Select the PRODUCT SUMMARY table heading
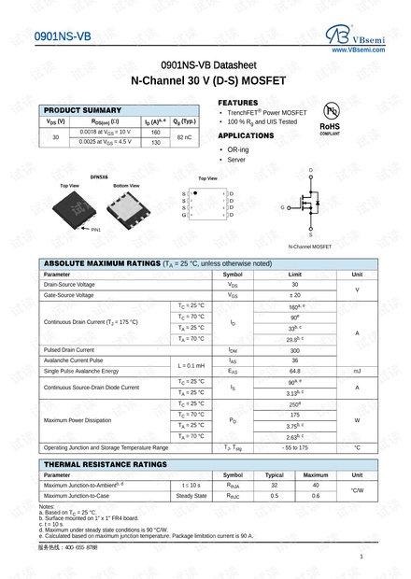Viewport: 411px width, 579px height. click(82, 110)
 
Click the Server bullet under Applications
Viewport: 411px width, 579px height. click(235, 160)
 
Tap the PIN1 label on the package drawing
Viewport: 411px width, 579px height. click(96, 229)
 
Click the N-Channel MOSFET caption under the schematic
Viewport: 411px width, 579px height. click(310, 247)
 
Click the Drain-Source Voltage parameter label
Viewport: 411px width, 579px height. click(69, 284)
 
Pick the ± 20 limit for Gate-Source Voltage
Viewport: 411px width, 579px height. click(295, 295)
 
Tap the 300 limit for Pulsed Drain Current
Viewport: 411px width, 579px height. click(295, 349)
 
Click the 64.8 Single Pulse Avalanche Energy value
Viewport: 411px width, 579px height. click(295, 371)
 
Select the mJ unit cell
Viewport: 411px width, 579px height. click(356, 371)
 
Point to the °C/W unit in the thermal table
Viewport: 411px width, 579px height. click(356, 490)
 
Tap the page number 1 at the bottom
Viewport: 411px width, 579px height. click(361, 558)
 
